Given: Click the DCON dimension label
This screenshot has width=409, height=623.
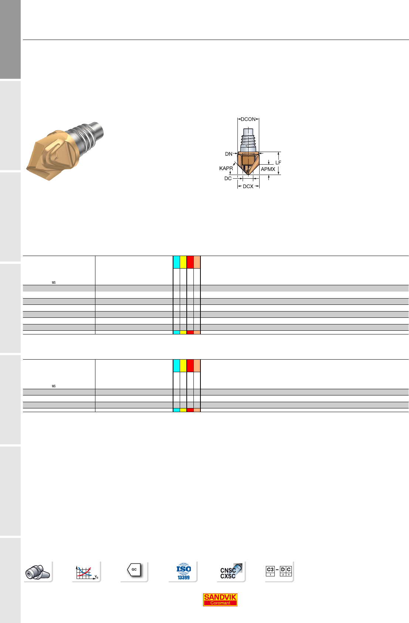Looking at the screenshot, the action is pos(248,119).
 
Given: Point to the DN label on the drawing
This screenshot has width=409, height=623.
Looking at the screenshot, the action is pos(229,154).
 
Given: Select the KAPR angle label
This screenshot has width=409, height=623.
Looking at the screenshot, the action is pos(226,168).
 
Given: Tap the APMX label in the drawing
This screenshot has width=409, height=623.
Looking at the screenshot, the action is pos(268,169).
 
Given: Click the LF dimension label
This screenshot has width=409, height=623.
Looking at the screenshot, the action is pos(278,162).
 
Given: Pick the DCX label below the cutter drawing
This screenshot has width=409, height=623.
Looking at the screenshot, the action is pos(248,186).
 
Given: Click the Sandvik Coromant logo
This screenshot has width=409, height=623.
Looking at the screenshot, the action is pos(220,599).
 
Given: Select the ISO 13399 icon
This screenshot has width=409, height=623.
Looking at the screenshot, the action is pos(183,572).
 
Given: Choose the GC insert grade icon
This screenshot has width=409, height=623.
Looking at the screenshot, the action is pos(134,570).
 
